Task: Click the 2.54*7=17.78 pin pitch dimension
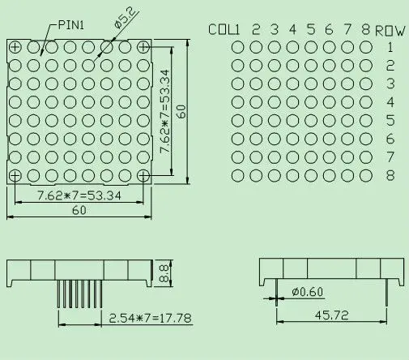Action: (150, 319)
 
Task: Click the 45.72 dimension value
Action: (333, 314)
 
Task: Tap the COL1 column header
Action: (224, 30)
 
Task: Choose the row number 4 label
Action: (390, 101)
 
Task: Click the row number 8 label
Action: (390, 174)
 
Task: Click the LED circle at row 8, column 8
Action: (366, 174)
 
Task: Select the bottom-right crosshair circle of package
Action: (143, 175)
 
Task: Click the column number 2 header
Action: (256, 30)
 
